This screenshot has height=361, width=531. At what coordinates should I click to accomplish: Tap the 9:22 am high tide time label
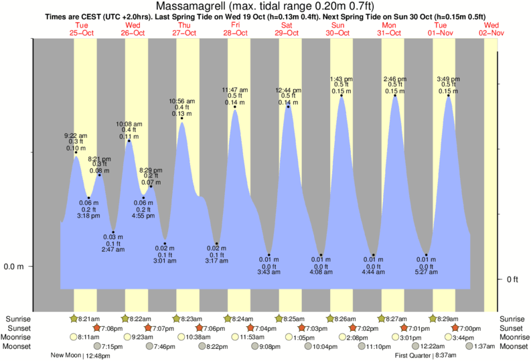coord(76,135)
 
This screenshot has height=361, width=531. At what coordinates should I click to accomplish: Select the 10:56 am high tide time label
coord(181,101)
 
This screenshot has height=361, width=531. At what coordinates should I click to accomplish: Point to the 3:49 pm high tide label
coord(448,78)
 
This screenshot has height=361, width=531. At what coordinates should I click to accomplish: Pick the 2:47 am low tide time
coord(112,250)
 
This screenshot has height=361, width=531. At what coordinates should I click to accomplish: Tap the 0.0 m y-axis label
coord(13,267)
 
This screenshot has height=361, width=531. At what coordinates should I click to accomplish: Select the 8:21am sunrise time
coord(90,319)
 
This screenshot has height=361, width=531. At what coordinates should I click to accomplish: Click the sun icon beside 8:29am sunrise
coord(433,319)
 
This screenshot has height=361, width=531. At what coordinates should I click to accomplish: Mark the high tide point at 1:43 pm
coord(342,96)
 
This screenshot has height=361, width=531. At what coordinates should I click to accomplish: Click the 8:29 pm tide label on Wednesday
coord(151,170)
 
